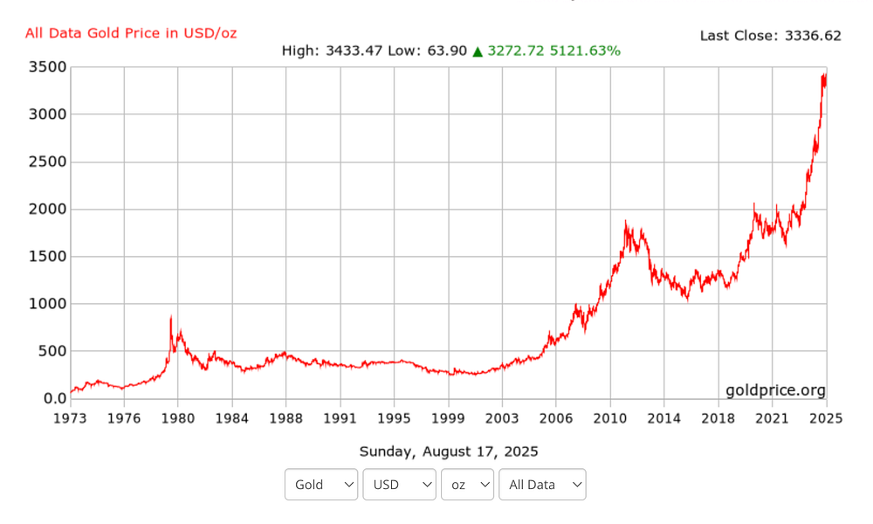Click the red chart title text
pos(131,33)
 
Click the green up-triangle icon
pos(478,52)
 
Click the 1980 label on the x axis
pos(178,417)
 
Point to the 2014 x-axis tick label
pos(664,417)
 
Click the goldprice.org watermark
pos(775,390)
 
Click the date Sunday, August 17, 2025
pos(449,452)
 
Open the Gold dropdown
pos(321,485)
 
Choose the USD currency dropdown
pos(399,485)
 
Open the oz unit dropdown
pos(468,485)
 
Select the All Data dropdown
pos(542,485)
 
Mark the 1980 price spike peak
pos(171,316)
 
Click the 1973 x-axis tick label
pos(70,417)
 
